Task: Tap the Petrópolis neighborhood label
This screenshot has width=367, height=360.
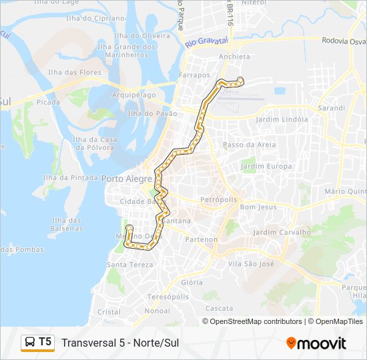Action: (219, 199)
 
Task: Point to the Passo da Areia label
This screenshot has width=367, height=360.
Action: (249, 144)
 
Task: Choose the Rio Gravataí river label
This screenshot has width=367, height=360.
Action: (207, 42)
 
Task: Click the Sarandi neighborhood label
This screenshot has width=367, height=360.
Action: (332, 107)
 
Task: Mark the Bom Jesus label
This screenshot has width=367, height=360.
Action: (258, 207)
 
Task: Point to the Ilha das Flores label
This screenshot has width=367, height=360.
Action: (65, 72)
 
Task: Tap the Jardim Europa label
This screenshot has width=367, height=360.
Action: (267, 166)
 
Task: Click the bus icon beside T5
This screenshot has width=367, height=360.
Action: (30, 343)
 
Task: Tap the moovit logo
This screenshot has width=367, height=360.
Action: (316, 343)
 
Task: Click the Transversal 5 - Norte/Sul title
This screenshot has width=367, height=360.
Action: (120, 343)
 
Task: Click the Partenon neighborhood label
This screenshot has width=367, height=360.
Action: (202, 239)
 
